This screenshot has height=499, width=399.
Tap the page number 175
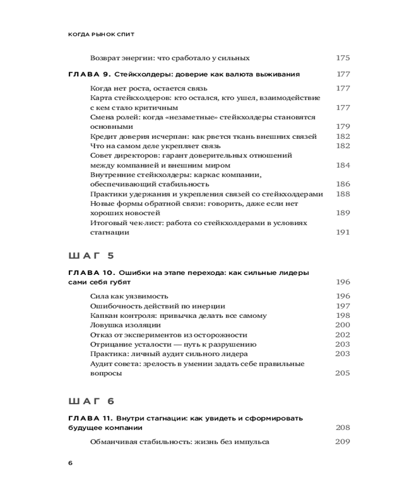[x=343, y=58]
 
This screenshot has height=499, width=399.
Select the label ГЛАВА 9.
[x=89, y=74]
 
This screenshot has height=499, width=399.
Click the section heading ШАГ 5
[x=91, y=256]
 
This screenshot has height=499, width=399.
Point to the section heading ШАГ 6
[x=91, y=401]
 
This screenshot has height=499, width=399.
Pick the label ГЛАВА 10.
[x=91, y=273]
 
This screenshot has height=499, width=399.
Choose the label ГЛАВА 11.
[x=90, y=418]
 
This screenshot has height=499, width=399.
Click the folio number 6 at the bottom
[x=70, y=463]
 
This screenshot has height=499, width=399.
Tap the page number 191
[x=343, y=232]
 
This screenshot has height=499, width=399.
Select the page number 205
[x=343, y=373]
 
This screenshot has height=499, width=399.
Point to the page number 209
[x=343, y=442]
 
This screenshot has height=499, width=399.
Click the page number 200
[x=343, y=325]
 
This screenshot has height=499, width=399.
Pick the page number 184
[x=343, y=165]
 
